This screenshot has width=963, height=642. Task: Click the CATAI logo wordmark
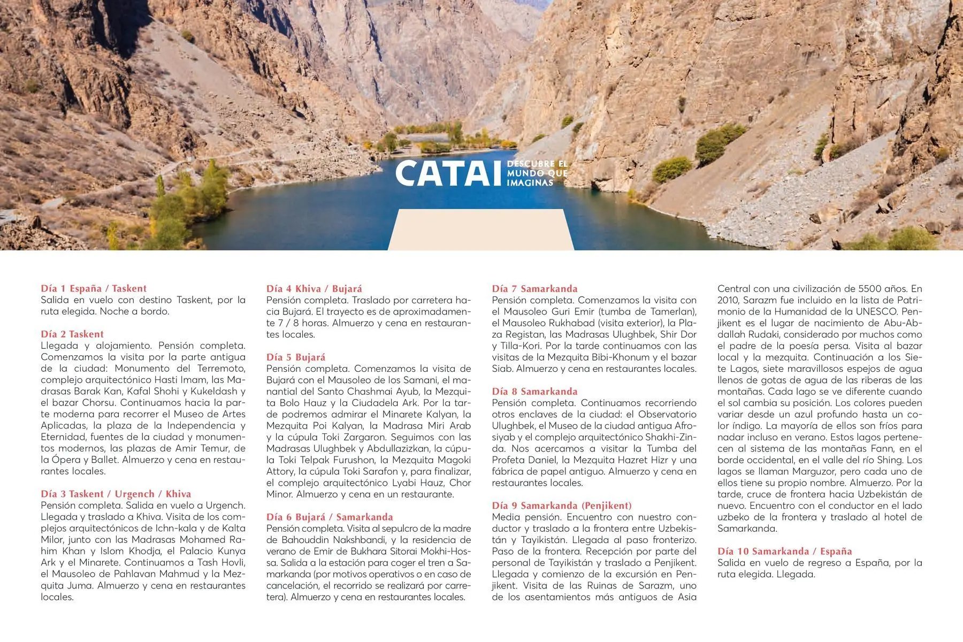click(x=449, y=173)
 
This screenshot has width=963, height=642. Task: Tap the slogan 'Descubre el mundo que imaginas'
click(x=537, y=173)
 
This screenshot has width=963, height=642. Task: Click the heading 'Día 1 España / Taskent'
click(x=94, y=288)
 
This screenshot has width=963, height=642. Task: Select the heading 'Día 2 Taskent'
click(x=72, y=334)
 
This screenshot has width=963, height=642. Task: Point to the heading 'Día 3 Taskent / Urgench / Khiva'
click(x=116, y=494)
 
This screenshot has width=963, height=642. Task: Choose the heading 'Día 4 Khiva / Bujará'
click(x=314, y=288)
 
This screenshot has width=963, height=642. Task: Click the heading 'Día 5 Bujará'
click(x=296, y=357)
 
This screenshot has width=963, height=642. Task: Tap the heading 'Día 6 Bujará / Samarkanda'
click(x=330, y=517)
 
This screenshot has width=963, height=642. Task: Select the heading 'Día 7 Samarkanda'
click(x=534, y=288)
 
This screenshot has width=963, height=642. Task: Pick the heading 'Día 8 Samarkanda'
click(x=534, y=391)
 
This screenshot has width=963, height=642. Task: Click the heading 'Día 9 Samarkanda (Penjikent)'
click(x=562, y=506)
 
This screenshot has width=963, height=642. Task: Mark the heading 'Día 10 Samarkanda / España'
click(x=784, y=551)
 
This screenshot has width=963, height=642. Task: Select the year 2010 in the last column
click(x=728, y=300)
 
